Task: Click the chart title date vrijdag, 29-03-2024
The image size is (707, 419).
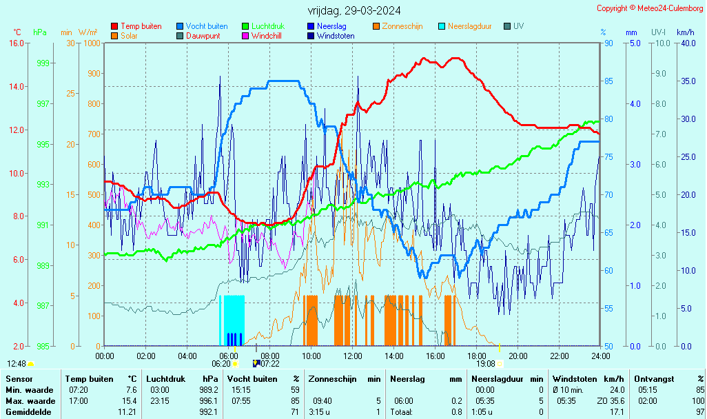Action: (x=353, y=10)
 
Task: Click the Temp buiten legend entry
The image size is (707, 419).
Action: (x=141, y=26)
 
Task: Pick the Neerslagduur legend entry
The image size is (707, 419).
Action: (x=469, y=26)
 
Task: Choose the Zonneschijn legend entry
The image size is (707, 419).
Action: (x=402, y=26)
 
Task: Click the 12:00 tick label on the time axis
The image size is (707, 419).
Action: (x=353, y=356)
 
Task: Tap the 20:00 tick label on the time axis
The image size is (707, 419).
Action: (x=518, y=356)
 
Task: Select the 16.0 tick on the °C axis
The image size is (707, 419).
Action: (x=17, y=43)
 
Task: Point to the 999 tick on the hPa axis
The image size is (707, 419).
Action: (x=43, y=63)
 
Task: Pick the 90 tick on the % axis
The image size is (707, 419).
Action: (x=608, y=43)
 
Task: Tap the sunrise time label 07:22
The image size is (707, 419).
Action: (x=270, y=364)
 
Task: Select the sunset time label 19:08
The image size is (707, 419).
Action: (x=486, y=364)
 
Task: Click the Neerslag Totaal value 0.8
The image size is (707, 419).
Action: (x=457, y=412)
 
